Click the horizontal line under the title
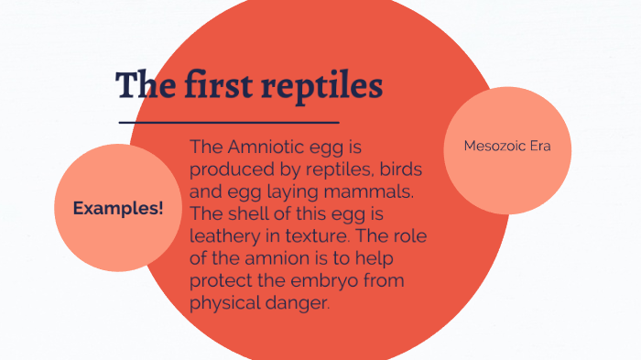[x=229, y=121]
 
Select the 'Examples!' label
[x=118, y=208]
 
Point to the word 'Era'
[x=540, y=146]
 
